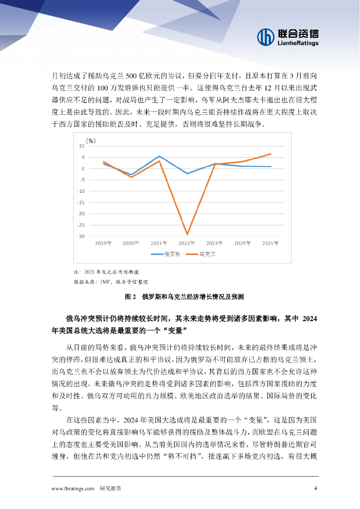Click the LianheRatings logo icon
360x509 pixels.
[266, 36]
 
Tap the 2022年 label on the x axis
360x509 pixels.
[187, 243]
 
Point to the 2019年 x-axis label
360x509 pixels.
[103, 243]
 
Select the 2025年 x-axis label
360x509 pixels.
[270, 243]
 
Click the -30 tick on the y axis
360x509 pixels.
[81, 236]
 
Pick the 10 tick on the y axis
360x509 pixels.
[82, 146]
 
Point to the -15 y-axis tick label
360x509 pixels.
[81, 202]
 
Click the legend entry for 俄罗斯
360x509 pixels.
[166, 254]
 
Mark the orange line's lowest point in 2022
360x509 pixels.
[187, 234]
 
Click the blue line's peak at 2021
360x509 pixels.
[160, 156]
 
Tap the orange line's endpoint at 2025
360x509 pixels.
[270, 154]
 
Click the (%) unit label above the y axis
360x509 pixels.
[90, 140]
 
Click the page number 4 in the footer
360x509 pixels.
[315, 488]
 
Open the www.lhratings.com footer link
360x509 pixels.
[73, 489]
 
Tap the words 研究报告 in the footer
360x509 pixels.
[110, 489]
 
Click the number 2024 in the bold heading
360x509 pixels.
[309, 318]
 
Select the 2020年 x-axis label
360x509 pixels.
[131, 243]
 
